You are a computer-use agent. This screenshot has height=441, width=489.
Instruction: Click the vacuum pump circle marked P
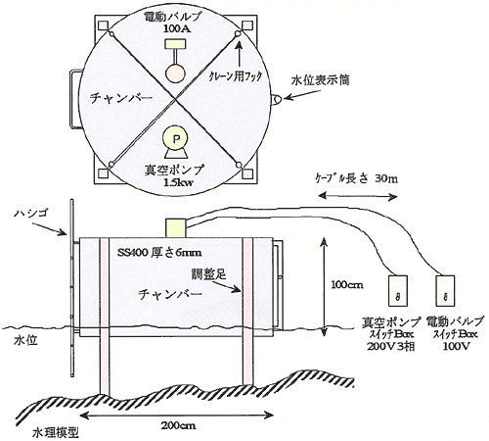click(176, 139)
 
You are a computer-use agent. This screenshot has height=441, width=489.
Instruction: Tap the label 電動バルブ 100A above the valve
click(176, 23)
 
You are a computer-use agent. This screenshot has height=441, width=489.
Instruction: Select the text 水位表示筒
click(320, 80)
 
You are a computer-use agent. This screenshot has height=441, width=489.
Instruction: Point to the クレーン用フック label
click(236, 76)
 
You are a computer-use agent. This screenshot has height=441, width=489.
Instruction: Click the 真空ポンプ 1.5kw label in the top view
click(175, 175)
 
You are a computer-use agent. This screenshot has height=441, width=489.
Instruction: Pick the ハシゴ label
click(31, 214)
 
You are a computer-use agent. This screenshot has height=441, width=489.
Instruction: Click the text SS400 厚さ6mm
click(158, 253)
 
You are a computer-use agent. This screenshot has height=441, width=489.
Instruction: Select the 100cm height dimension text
click(347, 285)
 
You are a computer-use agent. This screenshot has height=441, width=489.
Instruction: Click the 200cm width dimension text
click(178, 425)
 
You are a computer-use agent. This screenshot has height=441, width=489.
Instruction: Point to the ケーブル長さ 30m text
click(356, 178)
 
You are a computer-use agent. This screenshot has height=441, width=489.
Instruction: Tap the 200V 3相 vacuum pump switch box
click(398, 291)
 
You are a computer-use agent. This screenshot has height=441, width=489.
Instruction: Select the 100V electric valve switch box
click(445, 291)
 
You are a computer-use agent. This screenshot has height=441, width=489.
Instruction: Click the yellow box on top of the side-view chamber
click(176, 227)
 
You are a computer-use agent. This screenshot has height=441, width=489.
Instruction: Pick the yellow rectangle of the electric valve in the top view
click(176, 43)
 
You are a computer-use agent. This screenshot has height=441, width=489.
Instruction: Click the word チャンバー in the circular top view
click(121, 98)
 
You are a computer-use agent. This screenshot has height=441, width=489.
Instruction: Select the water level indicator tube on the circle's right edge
click(277, 99)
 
